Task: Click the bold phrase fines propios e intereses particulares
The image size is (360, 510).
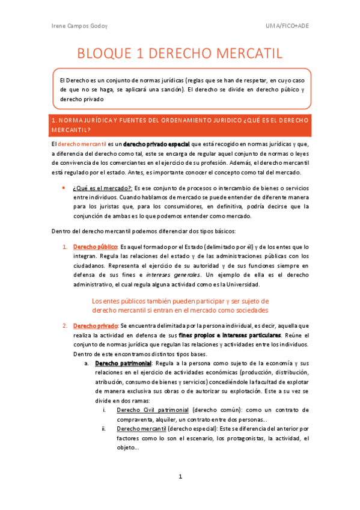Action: point(230,334)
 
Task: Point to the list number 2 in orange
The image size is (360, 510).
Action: point(65,325)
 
